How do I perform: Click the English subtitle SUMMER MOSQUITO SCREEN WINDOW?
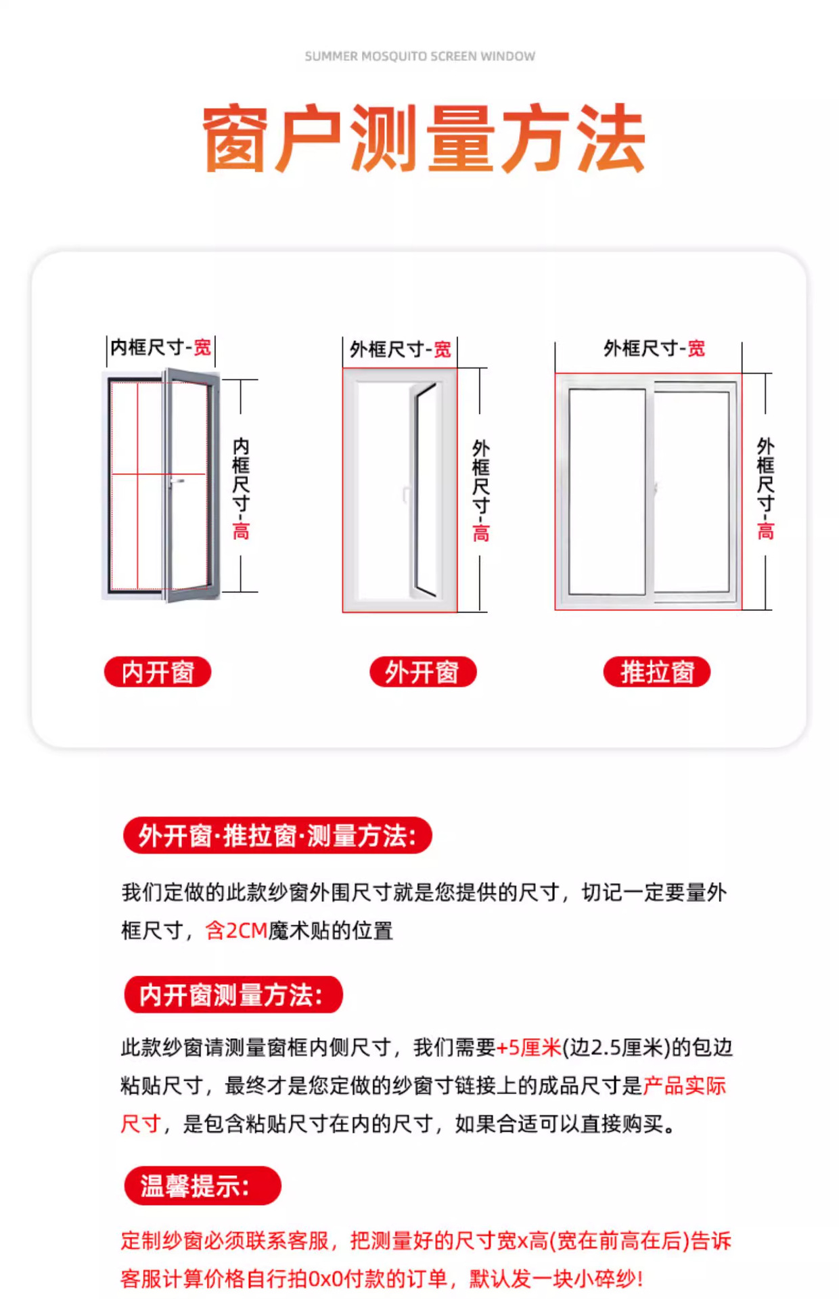(x=419, y=56)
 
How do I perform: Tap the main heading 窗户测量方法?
(x=424, y=139)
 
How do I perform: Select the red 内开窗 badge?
(x=158, y=672)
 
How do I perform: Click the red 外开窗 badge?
(x=423, y=672)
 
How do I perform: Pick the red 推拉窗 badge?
(x=657, y=672)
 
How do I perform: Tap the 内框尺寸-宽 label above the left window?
(x=161, y=348)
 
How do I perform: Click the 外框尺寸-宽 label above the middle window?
(x=400, y=350)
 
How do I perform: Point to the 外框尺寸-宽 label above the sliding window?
(x=654, y=348)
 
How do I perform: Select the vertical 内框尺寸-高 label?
(x=241, y=488)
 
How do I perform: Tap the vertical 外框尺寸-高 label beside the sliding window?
(x=765, y=488)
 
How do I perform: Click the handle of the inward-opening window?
(x=177, y=481)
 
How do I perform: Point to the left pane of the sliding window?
(x=607, y=491)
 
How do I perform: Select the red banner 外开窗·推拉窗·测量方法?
(x=277, y=836)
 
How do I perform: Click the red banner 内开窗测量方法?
(x=233, y=995)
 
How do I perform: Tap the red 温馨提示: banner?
(x=202, y=1185)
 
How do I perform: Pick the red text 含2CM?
(x=236, y=930)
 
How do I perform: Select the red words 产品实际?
(x=684, y=1085)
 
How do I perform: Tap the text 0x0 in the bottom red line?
(x=325, y=1278)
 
